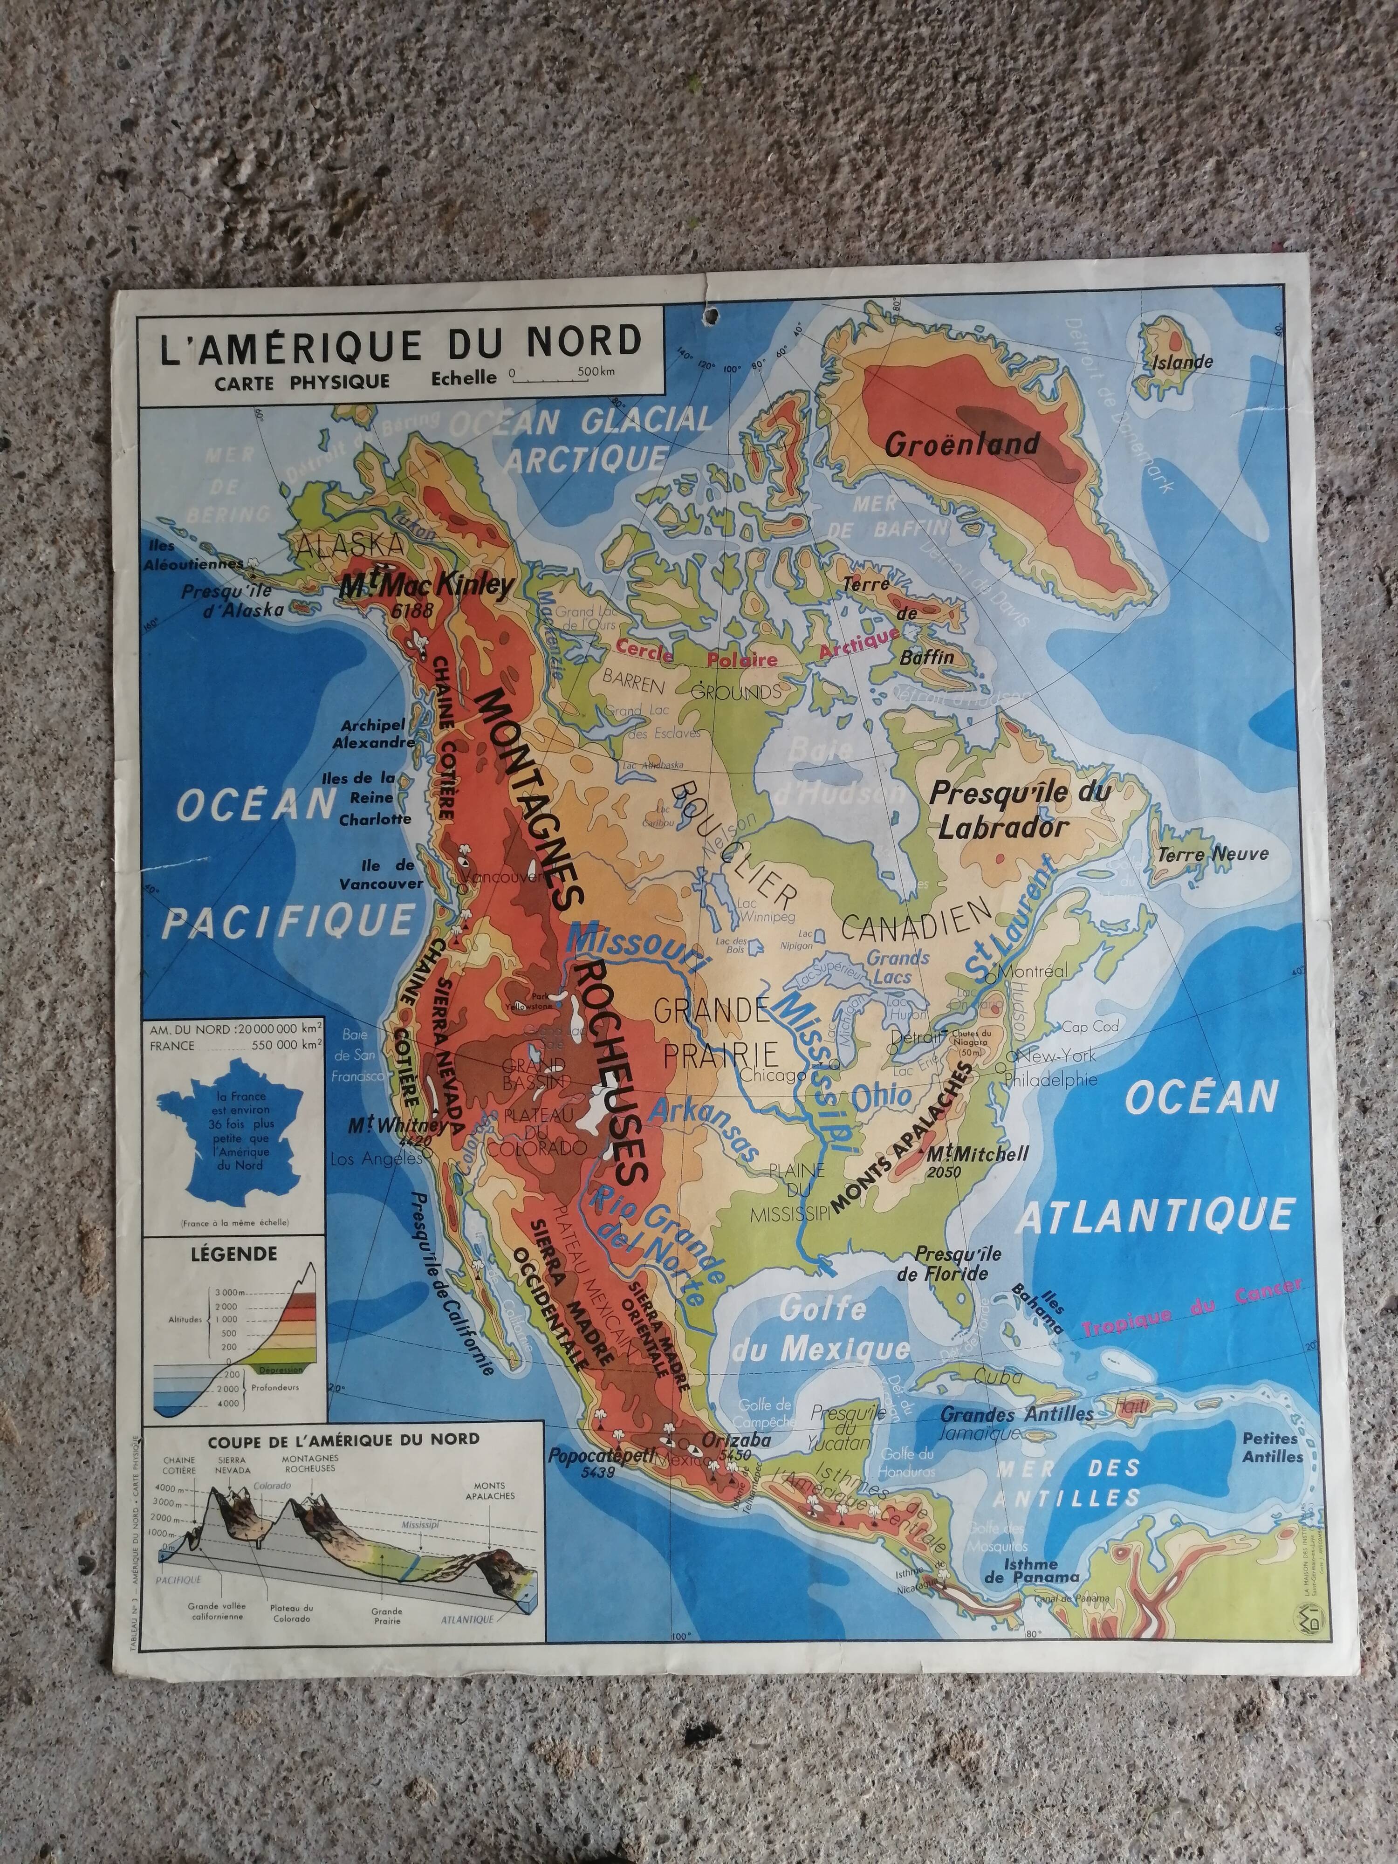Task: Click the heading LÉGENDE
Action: (x=233, y=1254)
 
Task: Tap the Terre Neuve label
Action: (x=1212, y=854)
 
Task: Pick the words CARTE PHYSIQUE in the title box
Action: (x=301, y=382)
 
